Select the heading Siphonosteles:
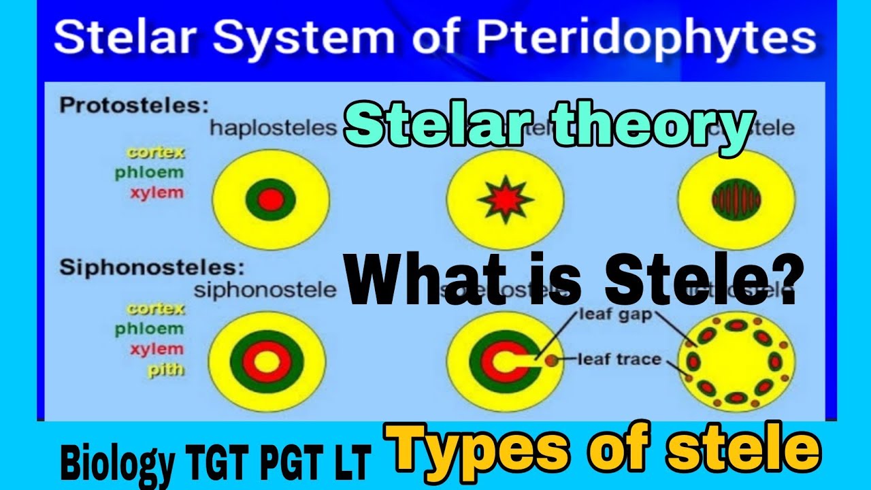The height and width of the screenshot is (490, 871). point(152,267)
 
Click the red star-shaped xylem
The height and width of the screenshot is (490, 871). point(505,199)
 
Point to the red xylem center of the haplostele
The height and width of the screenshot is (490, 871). point(270,199)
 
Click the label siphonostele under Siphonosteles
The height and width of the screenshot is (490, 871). point(265,290)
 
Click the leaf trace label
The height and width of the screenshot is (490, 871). point(619,358)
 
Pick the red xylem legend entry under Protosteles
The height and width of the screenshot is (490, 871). point(157,193)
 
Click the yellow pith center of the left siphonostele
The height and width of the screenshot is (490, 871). point(266,359)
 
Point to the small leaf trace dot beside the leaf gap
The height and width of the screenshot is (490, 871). point(550,360)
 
